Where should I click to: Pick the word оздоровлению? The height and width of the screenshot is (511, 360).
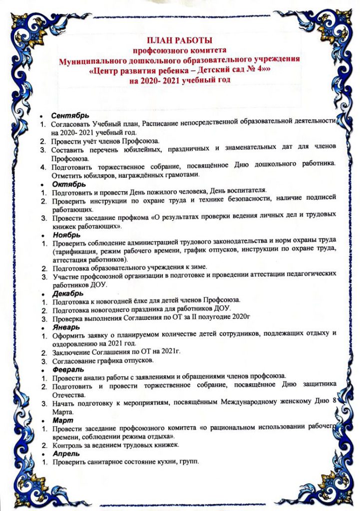74,343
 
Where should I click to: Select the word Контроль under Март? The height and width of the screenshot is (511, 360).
66,445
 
